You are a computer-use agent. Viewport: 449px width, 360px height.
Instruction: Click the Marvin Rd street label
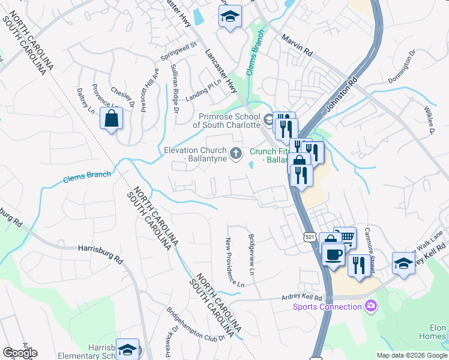(x=297, y=46)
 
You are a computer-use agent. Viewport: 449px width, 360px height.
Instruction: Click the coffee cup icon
(x=333, y=253)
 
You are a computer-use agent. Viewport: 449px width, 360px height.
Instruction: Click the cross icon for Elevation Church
(x=236, y=153)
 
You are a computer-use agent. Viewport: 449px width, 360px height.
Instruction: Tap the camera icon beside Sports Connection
(x=371, y=307)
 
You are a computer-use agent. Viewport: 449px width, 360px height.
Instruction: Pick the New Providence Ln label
(x=234, y=262)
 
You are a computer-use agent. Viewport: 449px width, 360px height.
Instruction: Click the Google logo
(x=20, y=353)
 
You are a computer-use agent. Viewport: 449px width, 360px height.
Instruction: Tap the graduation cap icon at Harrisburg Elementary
(x=127, y=349)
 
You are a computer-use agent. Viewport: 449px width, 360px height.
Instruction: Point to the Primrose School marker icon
(x=268, y=118)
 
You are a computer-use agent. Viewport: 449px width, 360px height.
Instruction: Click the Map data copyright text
(x=411, y=355)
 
